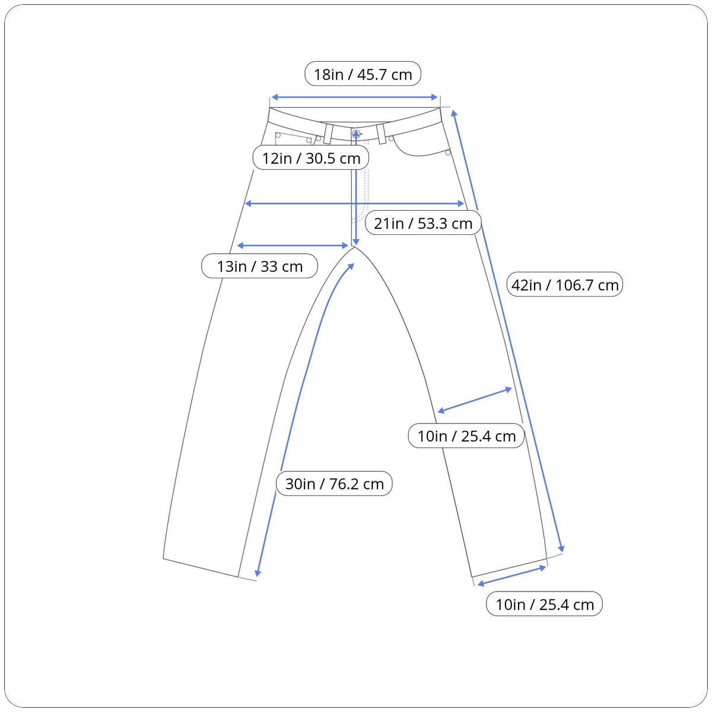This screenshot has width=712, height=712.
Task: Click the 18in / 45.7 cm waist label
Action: (x=363, y=75)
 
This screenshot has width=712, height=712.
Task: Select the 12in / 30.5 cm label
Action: (x=311, y=158)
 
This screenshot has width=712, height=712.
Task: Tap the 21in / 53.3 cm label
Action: (x=423, y=223)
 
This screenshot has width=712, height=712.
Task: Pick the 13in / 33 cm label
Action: (x=260, y=266)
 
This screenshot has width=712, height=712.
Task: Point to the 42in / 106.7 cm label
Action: (x=565, y=285)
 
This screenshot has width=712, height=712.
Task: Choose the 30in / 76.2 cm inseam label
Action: (x=334, y=484)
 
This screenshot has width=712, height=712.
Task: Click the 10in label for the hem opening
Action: (x=544, y=605)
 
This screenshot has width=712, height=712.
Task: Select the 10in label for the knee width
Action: (x=466, y=437)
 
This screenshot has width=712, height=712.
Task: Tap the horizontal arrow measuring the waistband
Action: (x=354, y=98)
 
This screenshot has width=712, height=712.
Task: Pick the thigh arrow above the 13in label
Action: (x=293, y=245)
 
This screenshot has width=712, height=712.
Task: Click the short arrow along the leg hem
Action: (x=511, y=576)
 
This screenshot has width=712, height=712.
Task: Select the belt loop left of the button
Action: (x=328, y=133)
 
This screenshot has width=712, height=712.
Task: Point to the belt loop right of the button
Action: (x=381, y=133)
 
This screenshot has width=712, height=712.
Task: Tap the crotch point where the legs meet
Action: (x=355, y=248)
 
